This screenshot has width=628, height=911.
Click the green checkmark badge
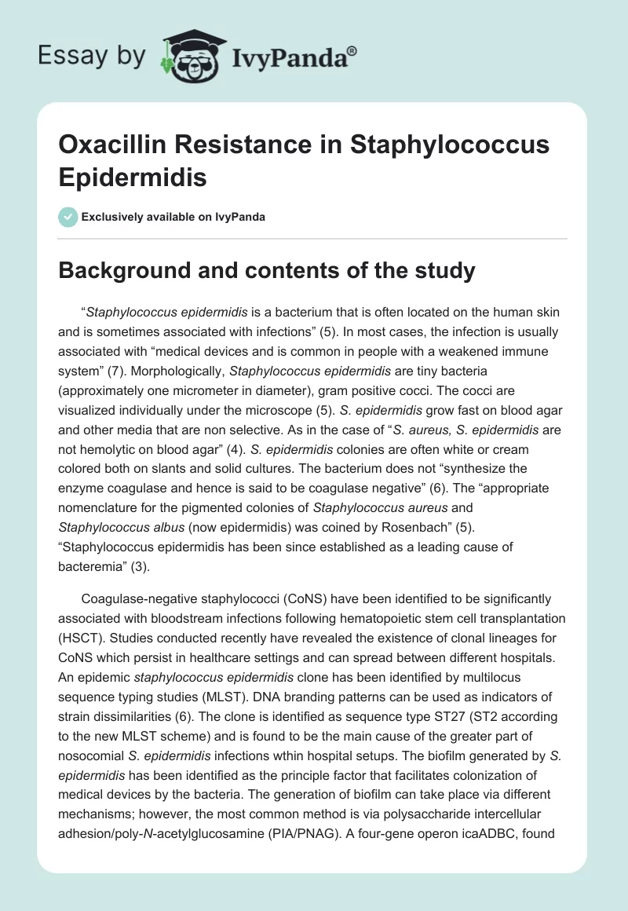[x=68, y=217]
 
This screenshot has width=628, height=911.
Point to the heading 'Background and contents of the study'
[x=268, y=271]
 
